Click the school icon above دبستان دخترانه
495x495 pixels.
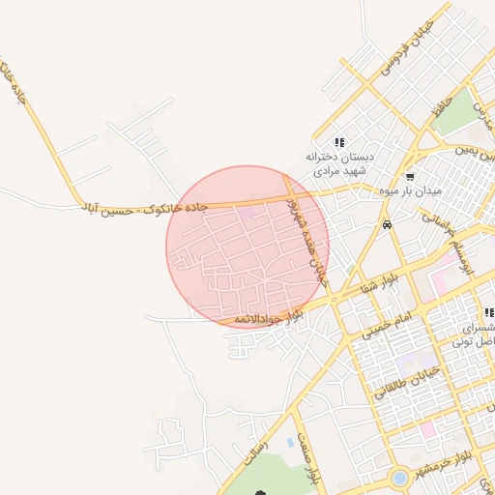(x=338, y=142)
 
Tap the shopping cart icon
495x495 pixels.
(x=410, y=177)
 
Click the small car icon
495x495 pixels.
(x=387, y=224)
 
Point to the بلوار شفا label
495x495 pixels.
(x=378, y=284)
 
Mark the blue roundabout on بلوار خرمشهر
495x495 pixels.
(x=399, y=478)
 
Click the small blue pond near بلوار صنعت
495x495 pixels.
(x=291, y=444)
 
